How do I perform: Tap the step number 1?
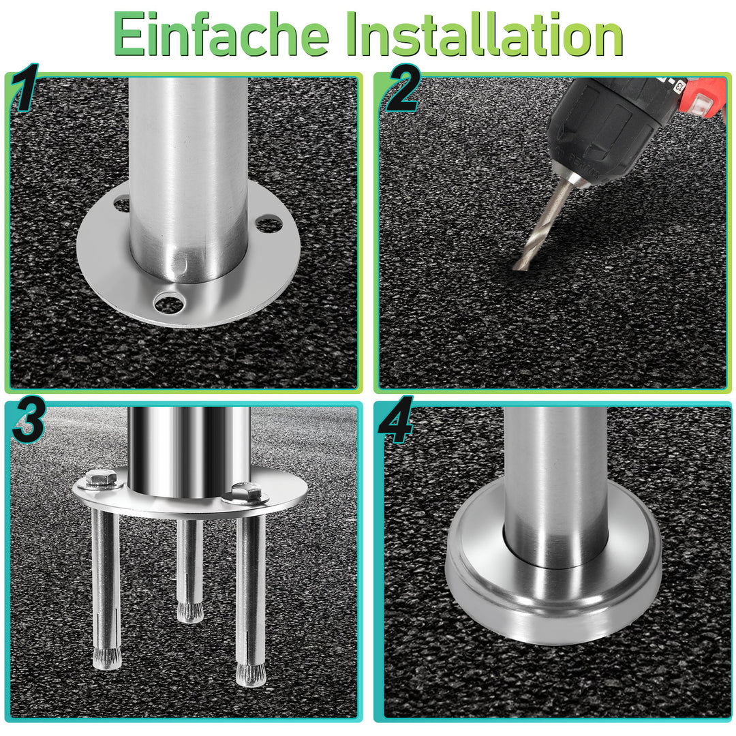pyautogui.click(x=25, y=89)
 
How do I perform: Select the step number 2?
pyautogui.click(x=402, y=89)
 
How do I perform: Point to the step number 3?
pyautogui.click(x=27, y=423)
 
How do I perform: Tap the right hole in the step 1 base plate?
pyautogui.click(x=269, y=223)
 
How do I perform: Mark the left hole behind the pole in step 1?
pyautogui.click(x=122, y=202)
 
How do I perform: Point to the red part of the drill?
pyautogui.click(x=702, y=95)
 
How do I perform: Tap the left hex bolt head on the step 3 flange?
pyautogui.click(x=102, y=479)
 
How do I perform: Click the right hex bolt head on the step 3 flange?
pyautogui.click(x=245, y=491)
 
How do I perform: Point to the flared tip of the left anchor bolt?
pyautogui.click(x=106, y=658)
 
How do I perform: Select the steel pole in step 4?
pyautogui.click(x=555, y=477)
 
